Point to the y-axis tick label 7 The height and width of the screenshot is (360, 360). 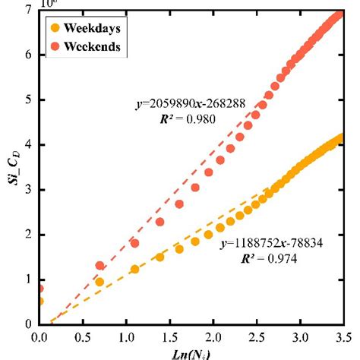pos(27,10)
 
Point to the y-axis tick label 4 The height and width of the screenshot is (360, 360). pos(27,144)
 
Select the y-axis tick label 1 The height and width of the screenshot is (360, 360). pos(27,279)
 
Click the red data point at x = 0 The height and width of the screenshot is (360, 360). pos(39,289)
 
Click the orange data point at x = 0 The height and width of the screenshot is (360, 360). pos(39,301)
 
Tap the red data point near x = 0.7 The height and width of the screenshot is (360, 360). pos(99,266)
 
